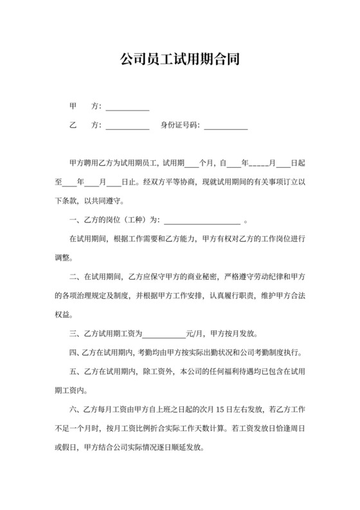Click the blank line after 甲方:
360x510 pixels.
127,107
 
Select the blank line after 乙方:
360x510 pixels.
127,126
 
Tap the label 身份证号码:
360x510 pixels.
180,125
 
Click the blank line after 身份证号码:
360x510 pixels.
226,126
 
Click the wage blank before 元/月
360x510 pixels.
163,334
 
